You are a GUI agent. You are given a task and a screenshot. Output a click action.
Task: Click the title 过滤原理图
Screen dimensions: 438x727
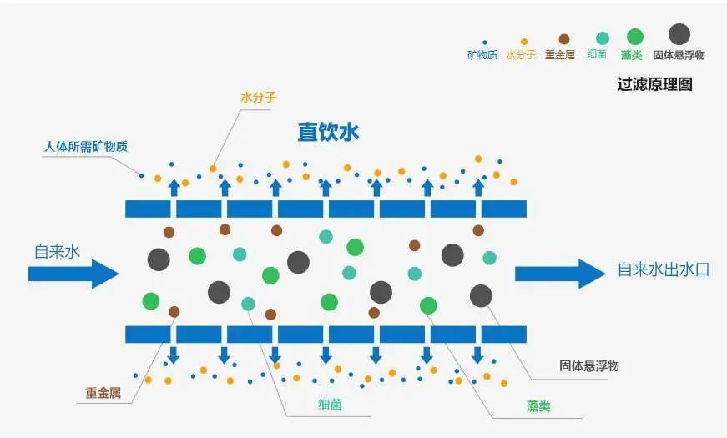point(654,85)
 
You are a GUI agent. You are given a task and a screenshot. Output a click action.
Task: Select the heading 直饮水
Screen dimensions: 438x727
point(328,133)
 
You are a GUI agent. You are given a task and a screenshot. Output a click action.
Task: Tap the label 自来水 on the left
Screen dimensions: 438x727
point(57,250)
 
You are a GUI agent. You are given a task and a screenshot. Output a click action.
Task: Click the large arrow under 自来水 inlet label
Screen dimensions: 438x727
point(74,273)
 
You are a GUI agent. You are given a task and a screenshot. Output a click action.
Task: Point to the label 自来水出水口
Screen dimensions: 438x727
point(663,270)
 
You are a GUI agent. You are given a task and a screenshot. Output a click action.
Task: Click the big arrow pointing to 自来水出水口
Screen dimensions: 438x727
point(559,273)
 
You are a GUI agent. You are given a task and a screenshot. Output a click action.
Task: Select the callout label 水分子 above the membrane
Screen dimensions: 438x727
point(258,98)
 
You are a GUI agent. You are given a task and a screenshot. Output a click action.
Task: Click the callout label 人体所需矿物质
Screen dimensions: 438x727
point(85,147)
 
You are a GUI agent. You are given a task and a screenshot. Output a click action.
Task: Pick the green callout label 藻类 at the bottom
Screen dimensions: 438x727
point(538,407)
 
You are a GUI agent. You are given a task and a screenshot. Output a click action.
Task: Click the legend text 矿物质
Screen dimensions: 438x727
point(482,56)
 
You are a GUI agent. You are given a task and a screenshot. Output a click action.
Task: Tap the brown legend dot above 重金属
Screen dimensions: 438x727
point(564,39)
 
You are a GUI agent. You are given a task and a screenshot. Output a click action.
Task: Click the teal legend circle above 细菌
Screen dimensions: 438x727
point(602,38)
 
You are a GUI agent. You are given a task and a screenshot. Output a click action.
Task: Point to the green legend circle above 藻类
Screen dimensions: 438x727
point(635,36)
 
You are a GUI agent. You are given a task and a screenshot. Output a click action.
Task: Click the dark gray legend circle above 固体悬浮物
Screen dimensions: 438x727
point(679,34)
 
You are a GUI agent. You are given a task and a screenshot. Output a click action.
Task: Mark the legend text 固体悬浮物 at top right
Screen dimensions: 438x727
point(679,56)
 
